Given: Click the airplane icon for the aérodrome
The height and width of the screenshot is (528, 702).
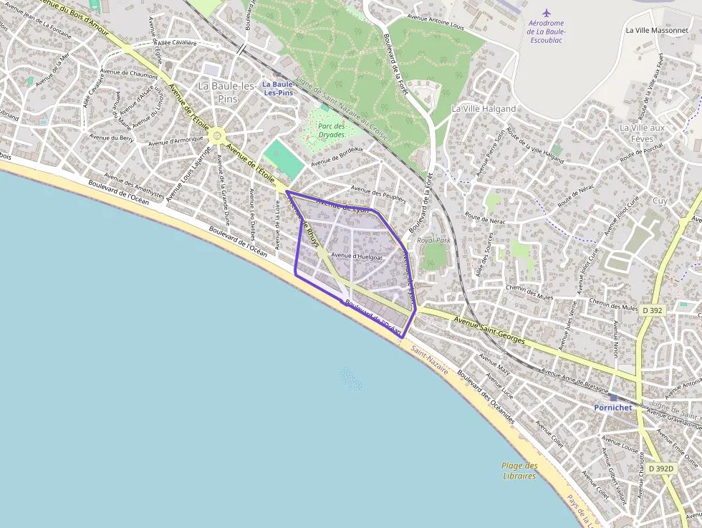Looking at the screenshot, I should point(547,13).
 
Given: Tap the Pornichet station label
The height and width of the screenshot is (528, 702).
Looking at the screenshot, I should point(612,407).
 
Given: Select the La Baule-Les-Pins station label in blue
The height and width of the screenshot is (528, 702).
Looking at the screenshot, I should point(278,88).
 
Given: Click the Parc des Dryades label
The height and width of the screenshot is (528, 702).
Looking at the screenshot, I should point(332,130).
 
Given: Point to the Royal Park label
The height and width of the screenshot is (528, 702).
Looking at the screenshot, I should point(433,241).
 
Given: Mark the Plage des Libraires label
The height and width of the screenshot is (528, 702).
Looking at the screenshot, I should point(519,471).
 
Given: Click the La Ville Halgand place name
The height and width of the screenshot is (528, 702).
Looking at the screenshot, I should point(483,109).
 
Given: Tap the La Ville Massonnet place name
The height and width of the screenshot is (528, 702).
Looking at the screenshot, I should point(657,30).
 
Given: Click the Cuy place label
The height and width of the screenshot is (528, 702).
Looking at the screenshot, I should point(660,201).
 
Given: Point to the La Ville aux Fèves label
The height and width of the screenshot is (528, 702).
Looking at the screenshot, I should point(645,133).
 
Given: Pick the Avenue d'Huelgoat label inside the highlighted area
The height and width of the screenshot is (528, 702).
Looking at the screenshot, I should point(357,256).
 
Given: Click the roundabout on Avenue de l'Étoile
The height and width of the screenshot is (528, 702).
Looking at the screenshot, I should point(218,134).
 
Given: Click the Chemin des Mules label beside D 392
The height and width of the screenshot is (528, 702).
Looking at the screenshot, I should point(613,307).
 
